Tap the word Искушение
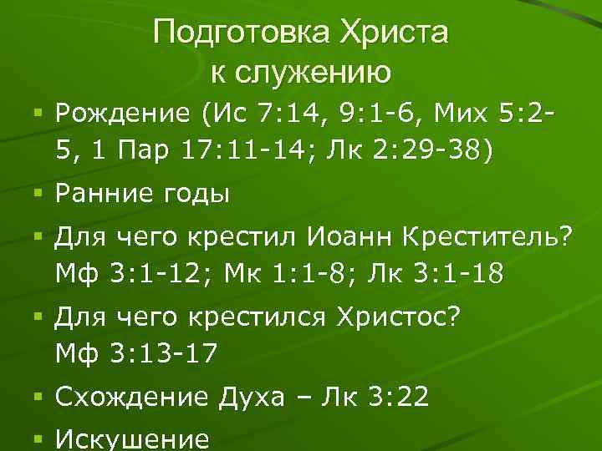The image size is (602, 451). pos(130,439)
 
